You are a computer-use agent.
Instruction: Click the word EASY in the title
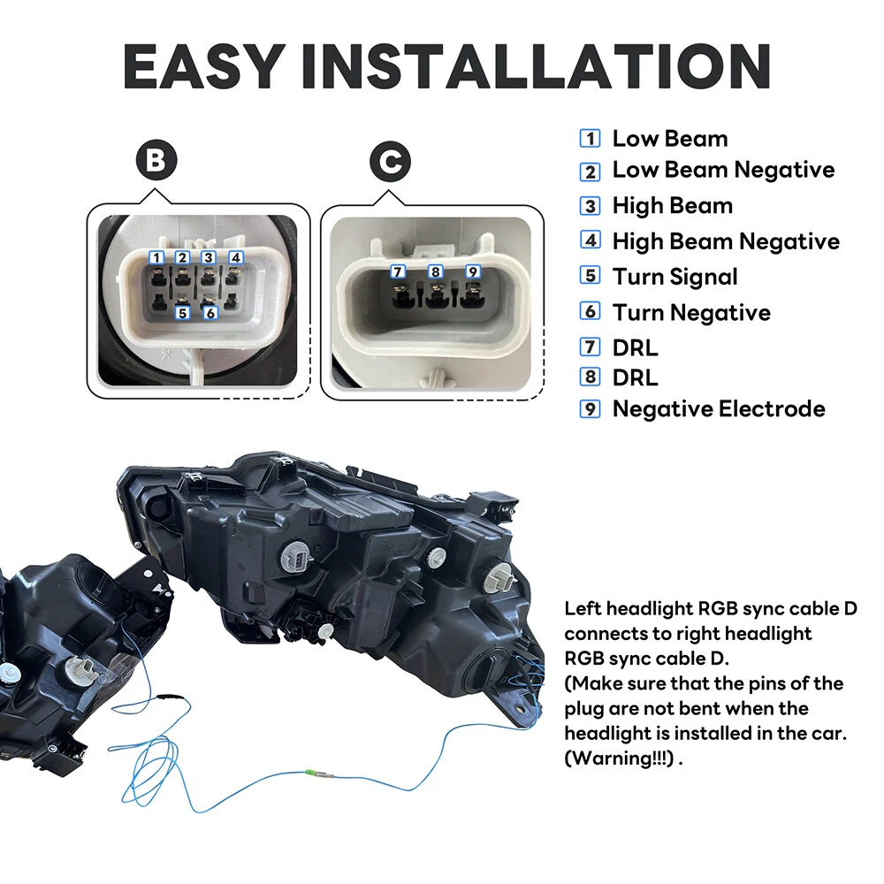[203, 66]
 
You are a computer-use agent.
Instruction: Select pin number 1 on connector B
[156, 258]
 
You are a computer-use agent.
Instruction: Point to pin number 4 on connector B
[236, 257]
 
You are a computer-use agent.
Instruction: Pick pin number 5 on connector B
[182, 312]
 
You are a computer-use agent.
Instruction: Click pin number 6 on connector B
[210, 313]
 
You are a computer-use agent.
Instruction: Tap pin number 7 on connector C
[398, 271]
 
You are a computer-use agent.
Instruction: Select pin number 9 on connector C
[473, 271]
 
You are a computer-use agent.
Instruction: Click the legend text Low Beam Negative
[723, 170]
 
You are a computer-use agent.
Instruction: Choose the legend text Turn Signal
[674, 277]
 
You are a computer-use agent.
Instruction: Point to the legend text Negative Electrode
[719, 408]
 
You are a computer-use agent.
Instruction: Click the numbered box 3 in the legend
[591, 206]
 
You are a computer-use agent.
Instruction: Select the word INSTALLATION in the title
[537, 66]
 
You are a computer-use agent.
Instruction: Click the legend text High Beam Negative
[726, 241]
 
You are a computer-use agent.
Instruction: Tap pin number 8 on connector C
[435, 271]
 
